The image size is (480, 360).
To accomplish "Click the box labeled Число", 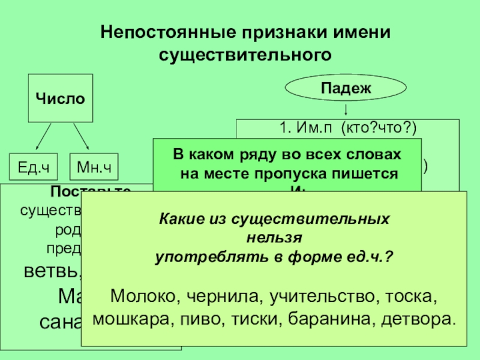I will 60,98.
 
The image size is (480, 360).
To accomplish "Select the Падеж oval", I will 346,88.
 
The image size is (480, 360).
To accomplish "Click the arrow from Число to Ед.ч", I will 44,136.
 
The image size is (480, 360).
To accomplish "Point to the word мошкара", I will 131,318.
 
